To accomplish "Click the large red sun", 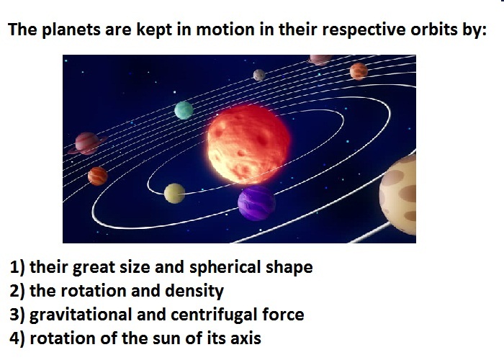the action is tap(248, 144).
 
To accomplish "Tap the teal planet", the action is tap(184, 110).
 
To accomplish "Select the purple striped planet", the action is tap(256, 202).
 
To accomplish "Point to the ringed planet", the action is tap(87, 143).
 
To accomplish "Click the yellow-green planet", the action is tap(174, 194).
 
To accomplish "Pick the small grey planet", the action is tap(259, 75).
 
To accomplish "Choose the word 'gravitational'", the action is tap(81, 315).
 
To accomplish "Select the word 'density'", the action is tap(194, 291).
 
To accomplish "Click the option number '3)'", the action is tap(17, 315).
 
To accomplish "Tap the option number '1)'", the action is tap(17, 267).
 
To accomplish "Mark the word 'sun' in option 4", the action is tap(163, 339).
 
